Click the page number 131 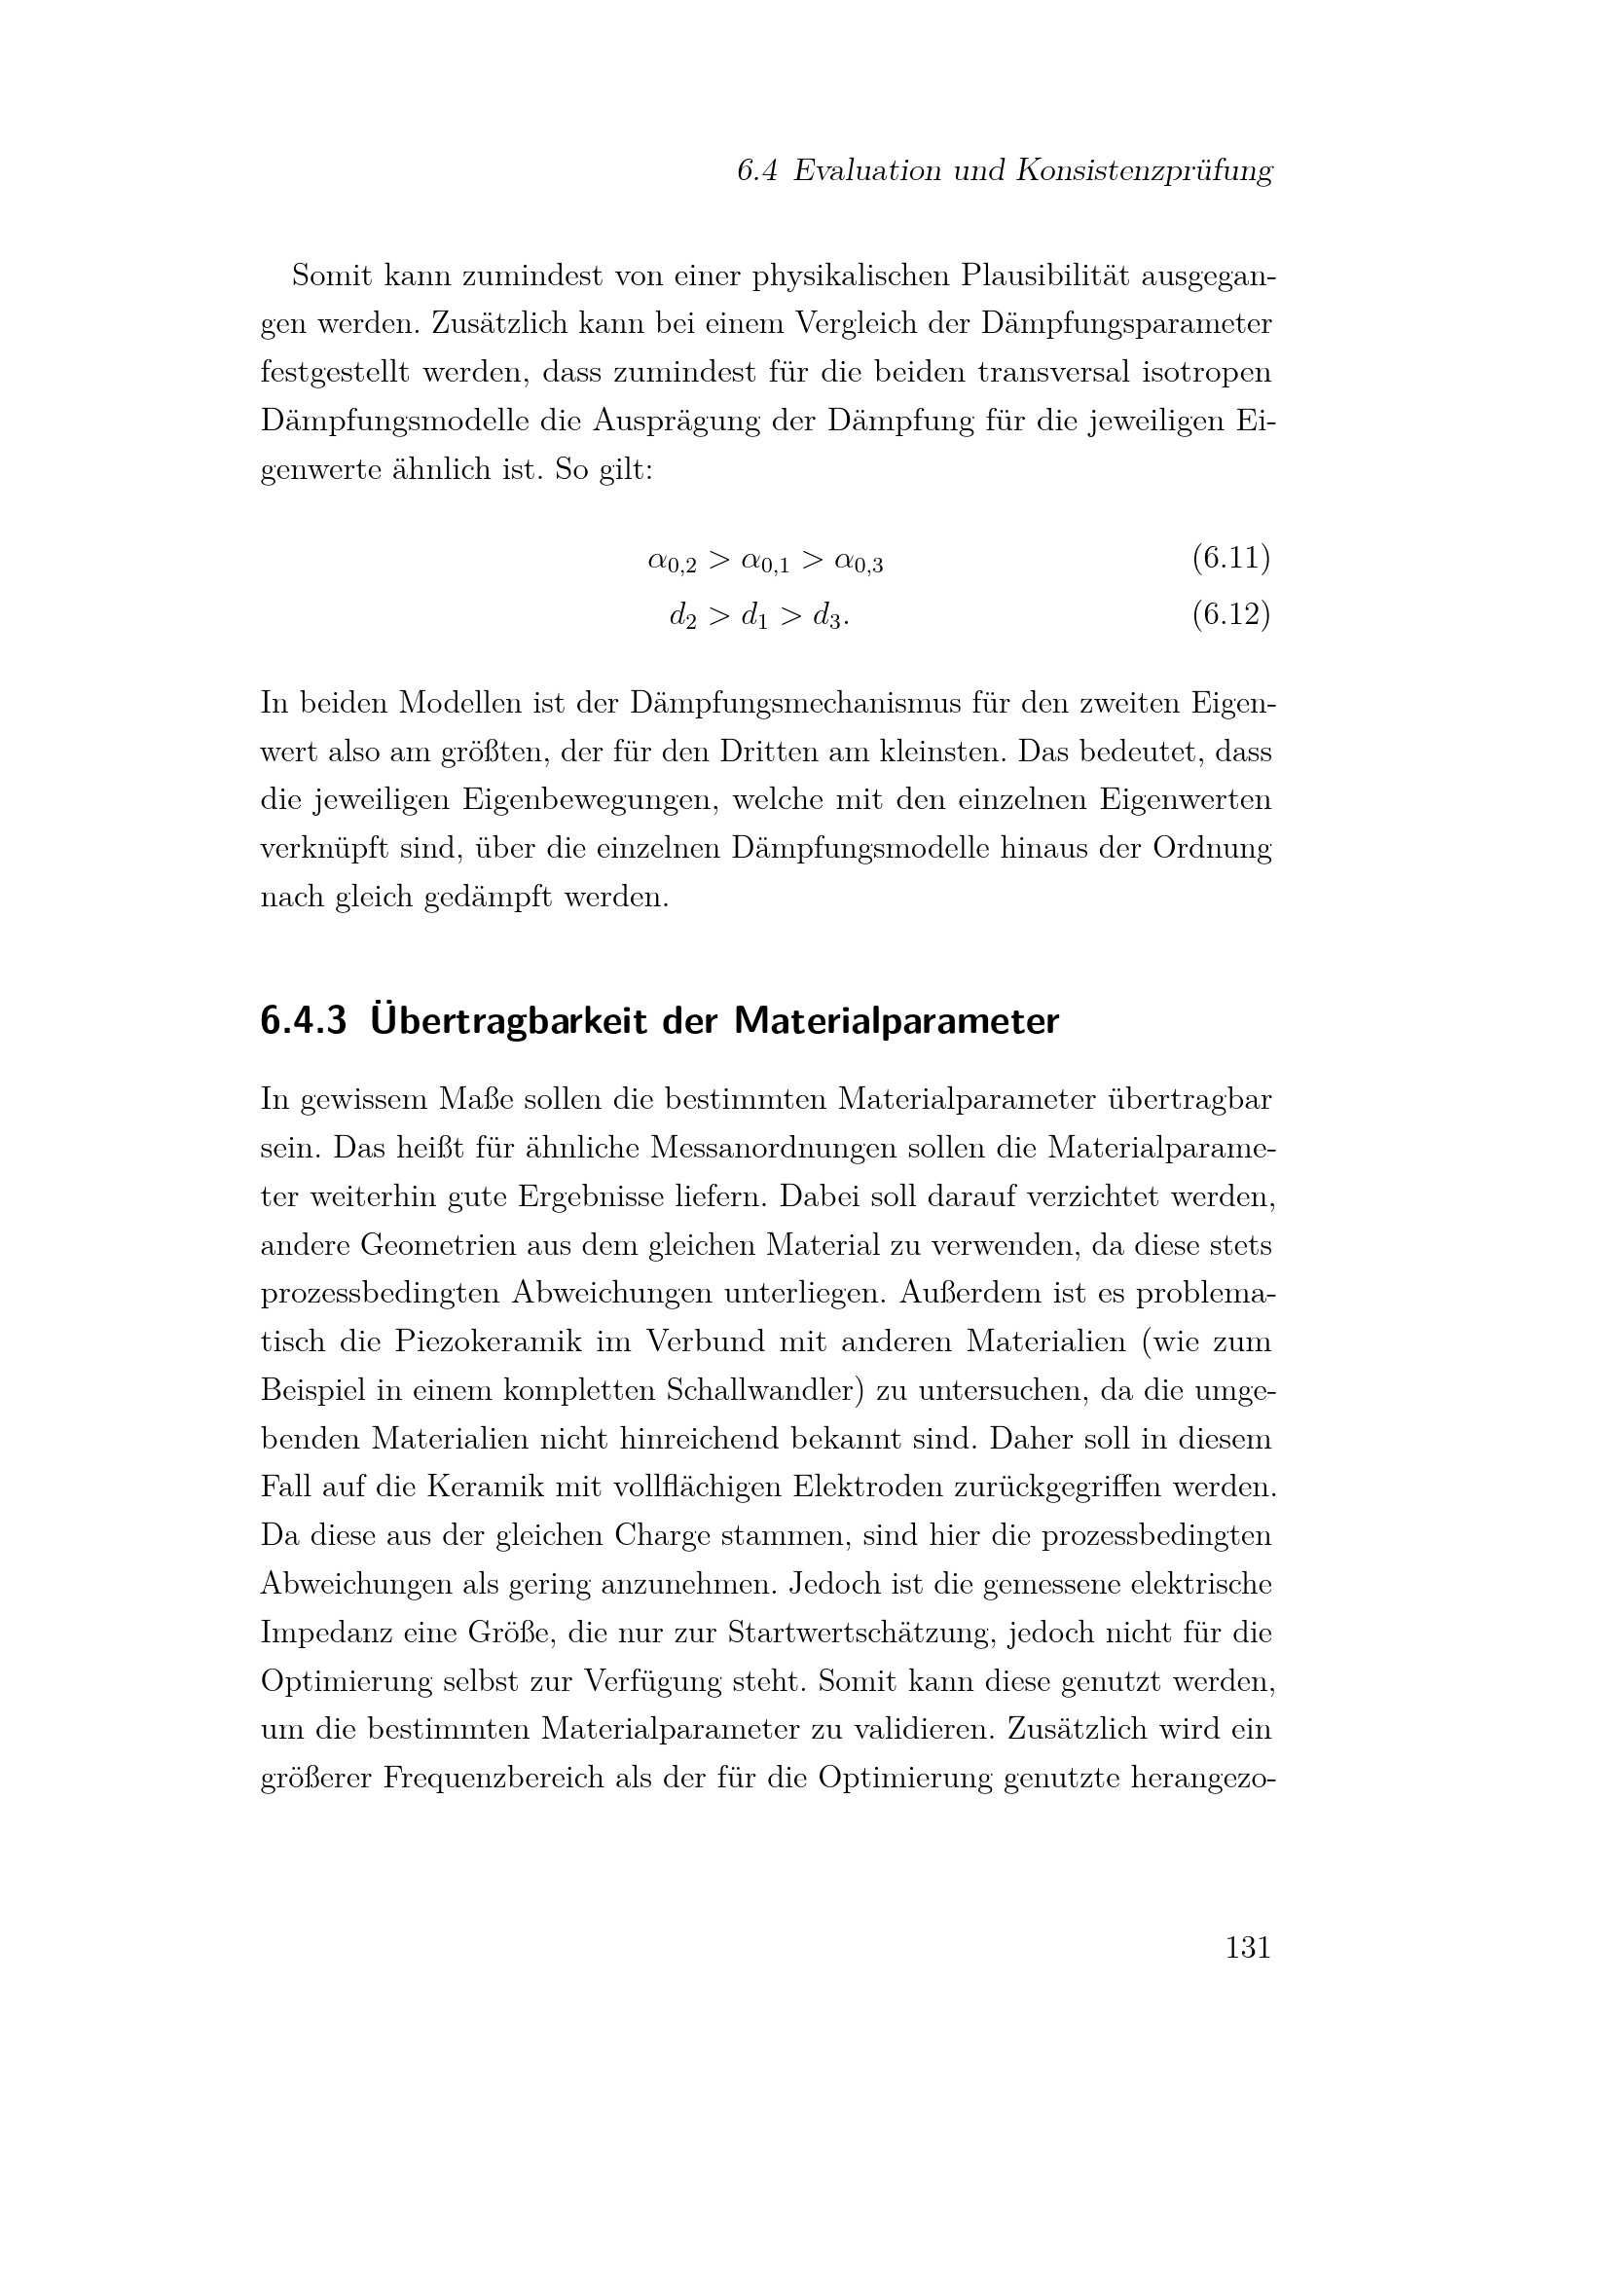coord(1247,1948)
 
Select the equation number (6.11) coord(1230,559)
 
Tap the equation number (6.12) coord(1230,615)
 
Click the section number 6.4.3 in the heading coord(304,1020)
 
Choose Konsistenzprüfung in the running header coord(1144,170)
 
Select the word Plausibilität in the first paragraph coord(1044,275)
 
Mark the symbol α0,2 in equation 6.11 coord(673,563)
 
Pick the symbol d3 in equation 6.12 coord(827,618)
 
